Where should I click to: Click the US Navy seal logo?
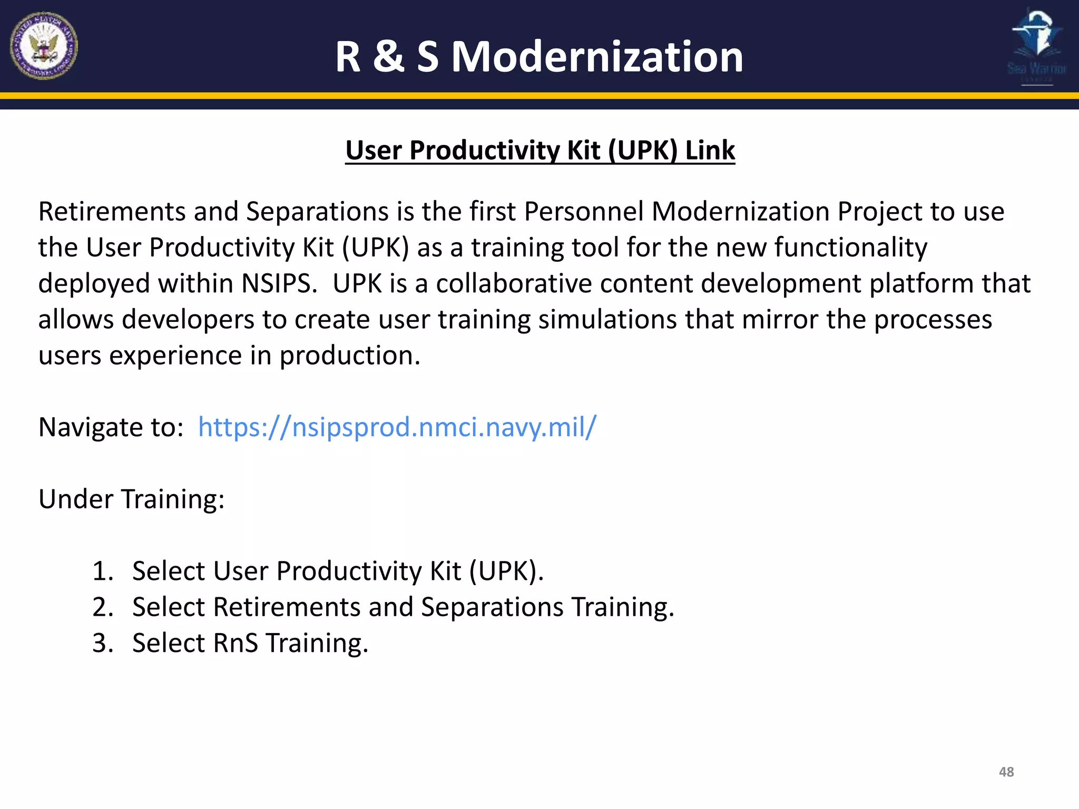point(44,46)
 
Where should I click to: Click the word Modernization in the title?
point(597,56)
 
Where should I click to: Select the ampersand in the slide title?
point(389,56)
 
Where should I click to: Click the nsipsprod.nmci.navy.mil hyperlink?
point(397,427)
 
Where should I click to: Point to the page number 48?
point(1006,772)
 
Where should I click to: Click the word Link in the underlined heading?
point(709,151)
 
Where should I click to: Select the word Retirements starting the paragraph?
point(112,212)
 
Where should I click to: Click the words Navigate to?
point(111,427)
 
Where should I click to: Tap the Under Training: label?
point(131,499)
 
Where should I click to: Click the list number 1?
point(102,571)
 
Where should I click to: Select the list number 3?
point(102,643)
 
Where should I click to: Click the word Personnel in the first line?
point(584,212)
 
